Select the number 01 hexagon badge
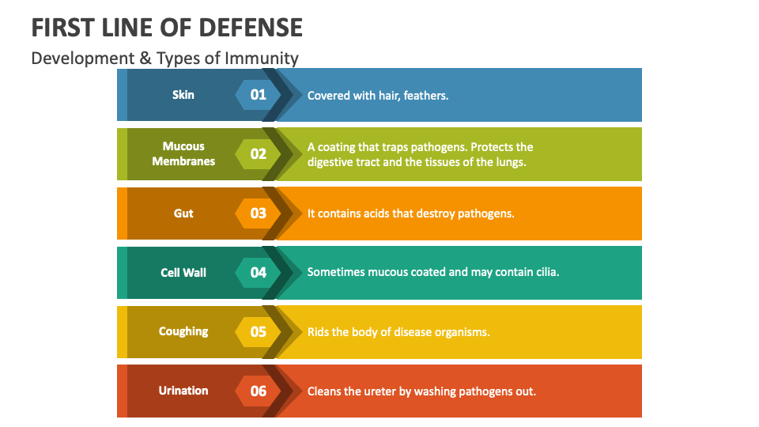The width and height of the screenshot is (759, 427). (259, 95)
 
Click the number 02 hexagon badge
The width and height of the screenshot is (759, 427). (259, 154)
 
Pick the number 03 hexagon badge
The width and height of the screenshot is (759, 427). (259, 213)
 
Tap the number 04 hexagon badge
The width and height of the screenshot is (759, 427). (259, 273)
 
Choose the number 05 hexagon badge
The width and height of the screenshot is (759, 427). (259, 332)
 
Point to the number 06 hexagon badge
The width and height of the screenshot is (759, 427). (259, 391)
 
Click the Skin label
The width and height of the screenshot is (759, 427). (183, 95)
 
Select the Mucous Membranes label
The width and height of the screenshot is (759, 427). (183, 154)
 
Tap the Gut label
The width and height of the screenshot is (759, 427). (183, 213)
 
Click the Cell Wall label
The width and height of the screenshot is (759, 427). (183, 273)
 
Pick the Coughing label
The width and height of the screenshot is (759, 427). (183, 332)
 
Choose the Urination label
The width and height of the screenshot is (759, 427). (183, 391)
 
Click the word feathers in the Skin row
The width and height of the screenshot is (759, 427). (425, 96)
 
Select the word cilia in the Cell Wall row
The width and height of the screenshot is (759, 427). (544, 273)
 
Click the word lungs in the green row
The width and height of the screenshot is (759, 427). (509, 162)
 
